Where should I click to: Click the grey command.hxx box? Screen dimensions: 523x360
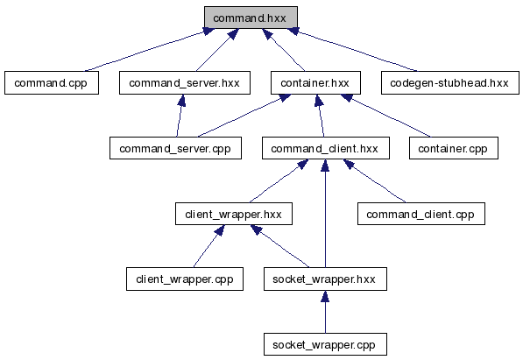pyautogui.click(x=251, y=18)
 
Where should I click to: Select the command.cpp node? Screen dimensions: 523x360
pyautogui.click(x=52, y=82)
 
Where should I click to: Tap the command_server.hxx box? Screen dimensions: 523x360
pyautogui.click(x=185, y=82)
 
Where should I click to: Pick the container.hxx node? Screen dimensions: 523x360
pyautogui.click(x=315, y=82)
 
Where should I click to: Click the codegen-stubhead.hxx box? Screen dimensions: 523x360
pyautogui.click(x=450, y=82)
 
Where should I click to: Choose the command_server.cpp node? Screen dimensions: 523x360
pyautogui.click(x=175, y=148)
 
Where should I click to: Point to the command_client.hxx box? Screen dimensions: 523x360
pyautogui.click(x=326, y=148)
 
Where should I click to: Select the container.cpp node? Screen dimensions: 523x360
pyautogui.click(x=454, y=148)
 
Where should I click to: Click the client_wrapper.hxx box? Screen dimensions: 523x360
pyautogui.click(x=234, y=214)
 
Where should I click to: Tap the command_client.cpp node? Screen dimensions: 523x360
pyautogui.click(x=421, y=214)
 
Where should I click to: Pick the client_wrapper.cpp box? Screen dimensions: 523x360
pyautogui.click(x=185, y=279)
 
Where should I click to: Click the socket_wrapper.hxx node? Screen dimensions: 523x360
pyautogui.click(x=325, y=279)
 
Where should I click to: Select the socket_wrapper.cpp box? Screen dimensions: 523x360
pyautogui.click(x=325, y=344)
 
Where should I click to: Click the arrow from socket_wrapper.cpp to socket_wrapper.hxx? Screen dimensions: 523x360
pyautogui.click(x=325, y=312)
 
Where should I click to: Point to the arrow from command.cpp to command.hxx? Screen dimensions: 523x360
pyautogui.click(x=149, y=50)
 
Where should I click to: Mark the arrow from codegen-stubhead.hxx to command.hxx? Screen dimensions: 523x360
pyautogui.click(x=352, y=50)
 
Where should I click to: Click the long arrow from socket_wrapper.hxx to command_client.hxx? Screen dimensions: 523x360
pyautogui.click(x=325, y=214)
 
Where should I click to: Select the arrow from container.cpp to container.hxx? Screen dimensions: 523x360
pyautogui.click(x=386, y=116)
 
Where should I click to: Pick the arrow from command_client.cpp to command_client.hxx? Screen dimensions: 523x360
pyautogui.click(x=375, y=180)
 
